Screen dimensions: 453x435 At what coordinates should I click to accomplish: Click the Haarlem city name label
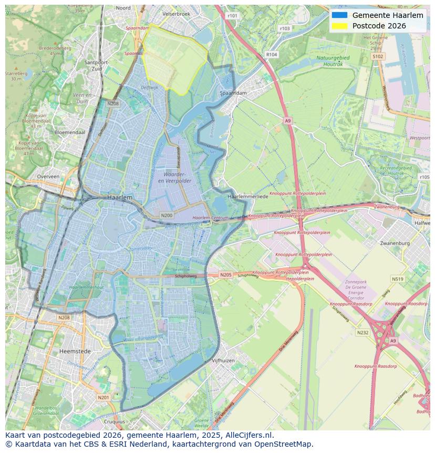tap(119, 197)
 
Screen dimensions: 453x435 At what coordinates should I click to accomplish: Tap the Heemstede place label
tap(75, 351)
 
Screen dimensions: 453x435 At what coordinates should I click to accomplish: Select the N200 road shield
tap(167, 215)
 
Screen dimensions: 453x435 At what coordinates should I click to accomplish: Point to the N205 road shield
tap(225, 275)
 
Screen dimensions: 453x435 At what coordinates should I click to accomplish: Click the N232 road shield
tap(362, 333)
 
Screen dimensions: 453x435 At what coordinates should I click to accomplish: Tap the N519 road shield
tap(397, 279)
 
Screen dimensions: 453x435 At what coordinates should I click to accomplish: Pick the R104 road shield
tap(272, 54)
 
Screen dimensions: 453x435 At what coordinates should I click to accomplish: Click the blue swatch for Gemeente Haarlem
tap(339, 15)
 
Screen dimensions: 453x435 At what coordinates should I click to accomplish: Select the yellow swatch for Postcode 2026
tap(339, 26)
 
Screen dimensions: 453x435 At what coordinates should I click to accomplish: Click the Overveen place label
tap(48, 177)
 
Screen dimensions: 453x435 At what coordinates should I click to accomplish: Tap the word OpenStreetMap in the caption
tap(286, 444)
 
